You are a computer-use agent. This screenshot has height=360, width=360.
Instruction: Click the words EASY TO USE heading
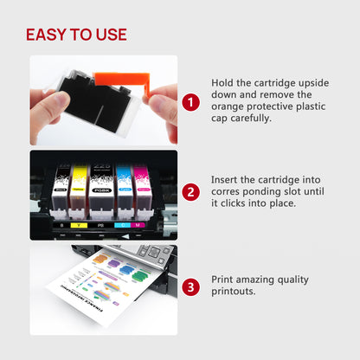[76, 35]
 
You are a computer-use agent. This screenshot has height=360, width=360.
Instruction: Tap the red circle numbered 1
[191, 102]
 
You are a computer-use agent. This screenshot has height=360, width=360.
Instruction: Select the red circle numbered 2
[191, 192]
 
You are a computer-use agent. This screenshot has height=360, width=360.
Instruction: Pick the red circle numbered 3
[191, 283]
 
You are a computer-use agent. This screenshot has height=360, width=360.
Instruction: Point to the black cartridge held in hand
[82, 103]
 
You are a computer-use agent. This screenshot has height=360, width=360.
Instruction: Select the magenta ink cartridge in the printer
[143, 190]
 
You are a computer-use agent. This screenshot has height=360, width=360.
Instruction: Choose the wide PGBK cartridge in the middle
[101, 190]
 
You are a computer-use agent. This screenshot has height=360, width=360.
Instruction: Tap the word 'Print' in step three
[225, 278]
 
